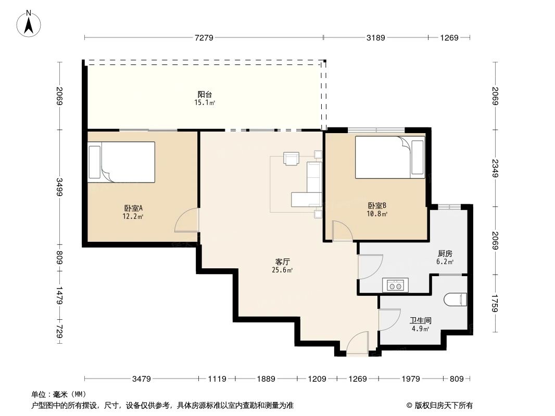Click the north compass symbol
(x=30, y=23)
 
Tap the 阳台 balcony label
(x=205, y=94)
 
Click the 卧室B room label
(x=377, y=205)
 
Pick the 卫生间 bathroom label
(x=421, y=321)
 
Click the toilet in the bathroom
(x=456, y=300)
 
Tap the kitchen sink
(x=396, y=285)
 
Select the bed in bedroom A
(x=122, y=162)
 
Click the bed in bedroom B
(x=390, y=157)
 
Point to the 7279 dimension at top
(x=204, y=37)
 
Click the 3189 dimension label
(x=376, y=37)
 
